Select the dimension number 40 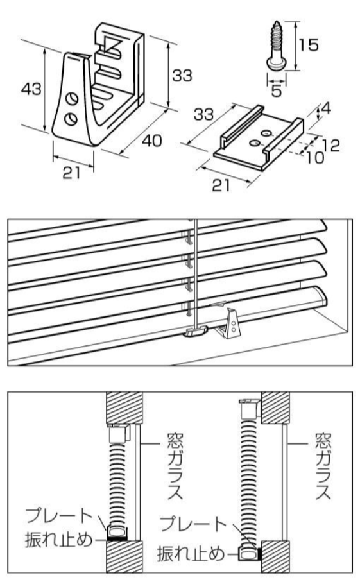pyautogui.click(x=149, y=140)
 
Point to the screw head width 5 pyautogui.click(x=275, y=91)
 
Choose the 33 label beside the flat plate pyautogui.click(x=204, y=115)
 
